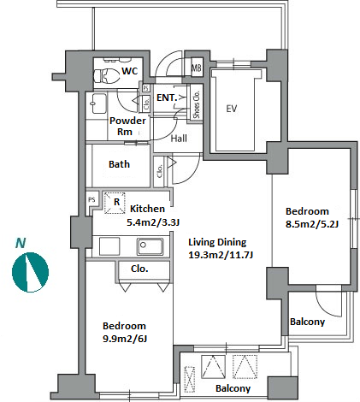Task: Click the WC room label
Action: pyautogui.click(x=130, y=71)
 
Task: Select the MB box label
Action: pyautogui.click(x=196, y=68)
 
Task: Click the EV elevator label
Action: pyautogui.click(x=232, y=109)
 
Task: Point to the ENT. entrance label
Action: pyautogui.click(x=167, y=98)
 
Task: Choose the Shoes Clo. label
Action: pyautogui.click(x=197, y=104)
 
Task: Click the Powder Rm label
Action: pyautogui.click(x=127, y=126)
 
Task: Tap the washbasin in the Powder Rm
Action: pyautogui.click(x=98, y=103)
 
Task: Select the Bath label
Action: pyautogui.click(x=119, y=164)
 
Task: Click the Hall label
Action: pyautogui.click(x=179, y=139)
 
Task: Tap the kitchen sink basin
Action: pyautogui.click(x=150, y=246)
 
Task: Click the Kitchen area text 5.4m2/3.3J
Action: pyautogui.click(x=153, y=222)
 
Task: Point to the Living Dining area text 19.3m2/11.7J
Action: pyautogui.click(x=221, y=255)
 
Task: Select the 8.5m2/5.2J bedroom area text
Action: pyautogui.click(x=312, y=224)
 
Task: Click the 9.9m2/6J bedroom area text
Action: pyautogui.click(x=125, y=339)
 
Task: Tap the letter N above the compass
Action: pyautogui.click(x=21, y=243)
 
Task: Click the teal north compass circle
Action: pyautogui.click(x=30, y=272)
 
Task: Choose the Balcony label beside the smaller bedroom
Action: pyautogui.click(x=307, y=322)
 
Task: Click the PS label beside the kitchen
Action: pyautogui.click(x=91, y=200)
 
